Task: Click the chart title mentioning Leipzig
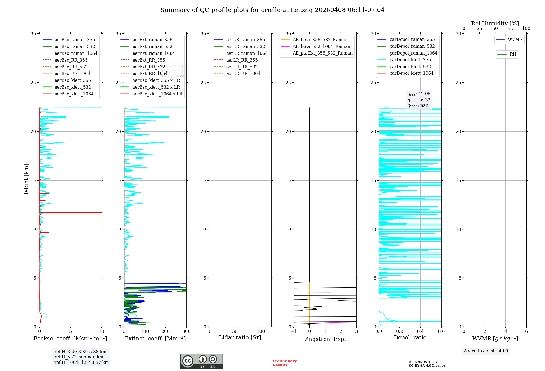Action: point(272,10)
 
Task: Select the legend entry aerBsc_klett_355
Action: point(72,80)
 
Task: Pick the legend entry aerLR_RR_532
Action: point(242,67)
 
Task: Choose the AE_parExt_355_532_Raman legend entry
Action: point(322,53)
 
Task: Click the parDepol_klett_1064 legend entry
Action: point(411,73)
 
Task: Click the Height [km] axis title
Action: point(26,180)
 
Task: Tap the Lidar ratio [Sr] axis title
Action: point(240,337)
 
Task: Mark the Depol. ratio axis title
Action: point(410,337)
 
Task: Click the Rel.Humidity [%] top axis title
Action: point(495,23)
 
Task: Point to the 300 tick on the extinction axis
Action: point(186,331)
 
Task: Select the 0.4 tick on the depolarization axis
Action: point(420,331)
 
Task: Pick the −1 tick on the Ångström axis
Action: point(294,331)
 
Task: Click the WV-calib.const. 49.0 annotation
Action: point(486,351)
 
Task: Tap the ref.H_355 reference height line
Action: point(80,352)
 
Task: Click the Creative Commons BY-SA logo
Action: point(201,361)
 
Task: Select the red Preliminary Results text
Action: point(284,363)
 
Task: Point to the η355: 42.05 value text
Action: point(419,94)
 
